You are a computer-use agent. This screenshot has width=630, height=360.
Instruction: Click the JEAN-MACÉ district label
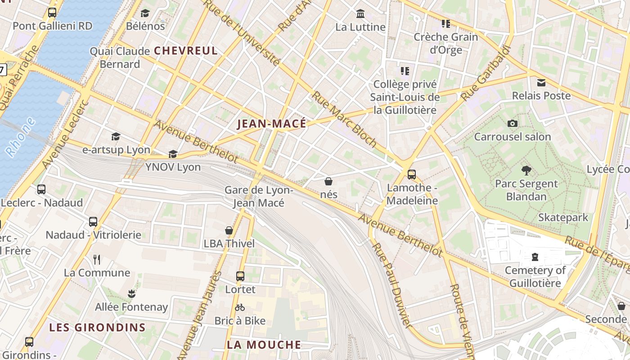[x=271, y=124]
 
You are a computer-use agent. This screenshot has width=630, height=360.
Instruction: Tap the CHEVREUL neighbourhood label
[x=186, y=51]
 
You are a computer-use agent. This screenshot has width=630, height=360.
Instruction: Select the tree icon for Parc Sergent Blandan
[x=526, y=171]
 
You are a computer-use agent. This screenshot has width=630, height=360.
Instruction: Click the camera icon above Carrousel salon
[x=512, y=124]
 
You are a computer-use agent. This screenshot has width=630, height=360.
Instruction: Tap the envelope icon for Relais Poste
[x=541, y=83]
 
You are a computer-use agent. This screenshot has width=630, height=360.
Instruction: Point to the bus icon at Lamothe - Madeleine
[x=411, y=175]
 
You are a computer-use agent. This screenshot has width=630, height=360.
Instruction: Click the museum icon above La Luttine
[x=360, y=14]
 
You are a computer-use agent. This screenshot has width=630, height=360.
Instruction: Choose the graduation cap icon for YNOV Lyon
[x=173, y=154]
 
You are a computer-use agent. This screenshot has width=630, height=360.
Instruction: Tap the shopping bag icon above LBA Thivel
[x=229, y=230]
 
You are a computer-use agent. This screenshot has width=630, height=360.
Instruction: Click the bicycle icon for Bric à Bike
[x=240, y=308]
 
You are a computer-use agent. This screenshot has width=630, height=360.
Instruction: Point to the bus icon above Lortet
[x=240, y=276]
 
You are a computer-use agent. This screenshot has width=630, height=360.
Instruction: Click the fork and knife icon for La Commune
[x=97, y=259]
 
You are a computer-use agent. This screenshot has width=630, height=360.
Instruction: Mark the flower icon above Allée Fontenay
[x=131, y=294]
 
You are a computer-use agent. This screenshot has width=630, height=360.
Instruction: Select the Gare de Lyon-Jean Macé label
[x=259, y=197]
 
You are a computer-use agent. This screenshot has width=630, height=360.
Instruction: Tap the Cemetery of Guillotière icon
[x=535, y=257]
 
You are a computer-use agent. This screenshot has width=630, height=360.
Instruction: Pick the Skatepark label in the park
[x=563, y=218]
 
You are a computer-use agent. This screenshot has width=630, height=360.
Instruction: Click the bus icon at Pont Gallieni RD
[x=52, y=13]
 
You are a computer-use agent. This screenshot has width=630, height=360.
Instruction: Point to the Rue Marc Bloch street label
[x=344, y=119]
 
